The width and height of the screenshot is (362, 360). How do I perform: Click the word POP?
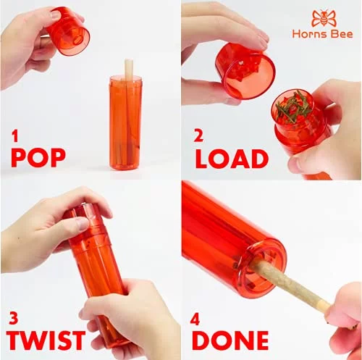[38, 158]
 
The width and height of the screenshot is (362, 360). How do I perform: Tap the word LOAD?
[232, 159]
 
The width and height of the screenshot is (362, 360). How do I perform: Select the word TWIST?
[46, 340]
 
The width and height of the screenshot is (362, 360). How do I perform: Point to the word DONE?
[230, 340]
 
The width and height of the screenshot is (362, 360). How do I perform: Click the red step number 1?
[15, 136]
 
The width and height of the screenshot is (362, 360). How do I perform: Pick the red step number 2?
[198, 136]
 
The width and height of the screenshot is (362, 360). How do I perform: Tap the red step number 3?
[13, 318]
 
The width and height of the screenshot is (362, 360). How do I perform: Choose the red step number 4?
[195, 320]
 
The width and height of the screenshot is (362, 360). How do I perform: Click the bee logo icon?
[324, 18]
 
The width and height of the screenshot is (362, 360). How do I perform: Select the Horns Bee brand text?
[322, 34]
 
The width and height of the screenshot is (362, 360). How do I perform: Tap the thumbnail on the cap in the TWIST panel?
[82, 224]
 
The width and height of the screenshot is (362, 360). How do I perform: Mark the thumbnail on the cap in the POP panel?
[54, 15]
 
